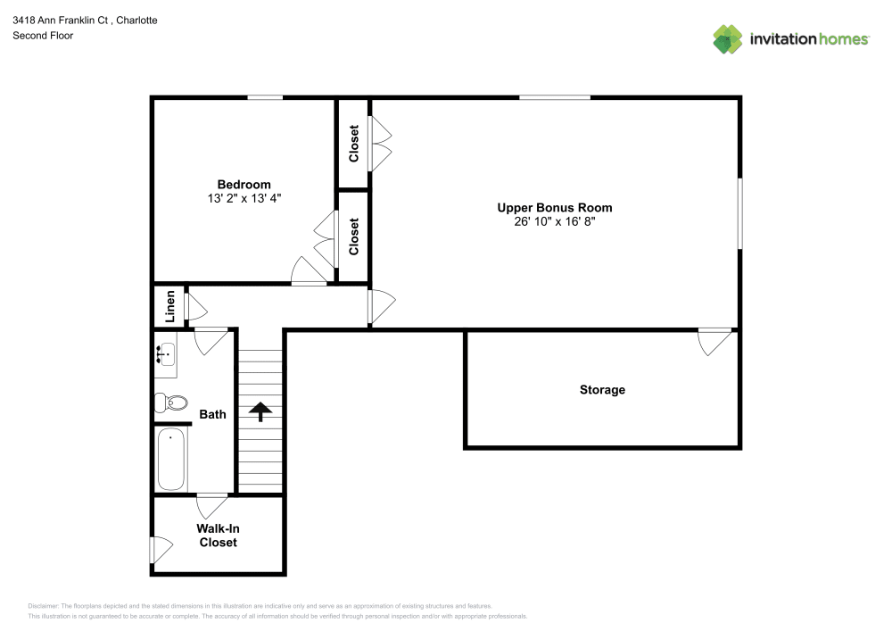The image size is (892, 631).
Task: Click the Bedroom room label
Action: pyautogui.click(x=244, y=185)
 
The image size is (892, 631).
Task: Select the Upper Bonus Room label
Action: pyautogui.click(x=554, y=207)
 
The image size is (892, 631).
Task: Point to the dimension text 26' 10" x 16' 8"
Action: pyautogui.click(x=554, y=220)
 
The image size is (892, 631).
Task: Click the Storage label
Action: pyautogui.click(x=602, y=390)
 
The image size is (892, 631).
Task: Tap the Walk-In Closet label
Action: pyautogui.click(x=219, y=535)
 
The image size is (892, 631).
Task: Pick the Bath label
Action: pyautogui.click(x=212, y=414)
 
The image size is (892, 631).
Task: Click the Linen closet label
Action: pyautogui.click(x=169, y=307)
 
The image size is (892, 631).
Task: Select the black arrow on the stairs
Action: pyautogui.click(x=260, y=411)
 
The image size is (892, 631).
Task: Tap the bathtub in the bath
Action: pyautogui.click(x=171, y=459)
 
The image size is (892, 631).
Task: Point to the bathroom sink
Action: pyautogui.click(x=165, y=355)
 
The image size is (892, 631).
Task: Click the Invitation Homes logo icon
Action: pyautogui.click(x=728, y=38)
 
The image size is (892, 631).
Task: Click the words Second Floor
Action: pyautogui.click(x=43, y=36)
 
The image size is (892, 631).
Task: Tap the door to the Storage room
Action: pyautogui.click(x=714, y=340)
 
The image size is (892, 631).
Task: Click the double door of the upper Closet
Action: pyautogui.click(x=380, y=144)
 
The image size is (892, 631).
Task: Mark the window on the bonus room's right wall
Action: pyautogui.click(x=739, y=213)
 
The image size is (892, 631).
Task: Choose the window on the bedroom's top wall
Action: pyautogui.click(x=265, y=97)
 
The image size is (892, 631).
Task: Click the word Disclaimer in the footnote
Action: pyautogui.click(x=43, y=605)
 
